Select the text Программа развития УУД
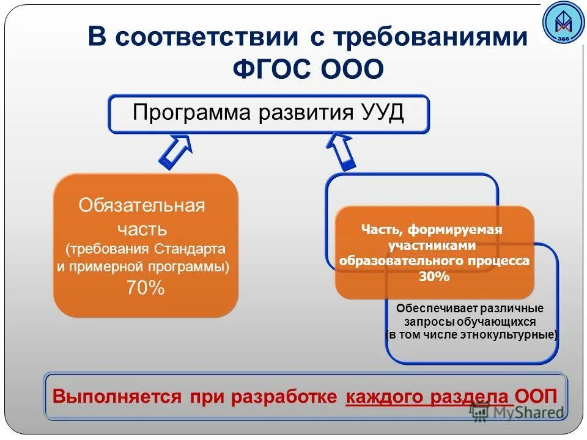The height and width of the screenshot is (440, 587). pos(268,113)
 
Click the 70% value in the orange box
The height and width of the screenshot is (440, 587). pos(145,288)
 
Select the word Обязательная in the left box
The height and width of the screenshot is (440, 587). pos(142,205)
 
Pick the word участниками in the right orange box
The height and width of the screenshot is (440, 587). pos(432,245)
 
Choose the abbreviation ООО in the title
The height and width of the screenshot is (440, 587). pos(351,68)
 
